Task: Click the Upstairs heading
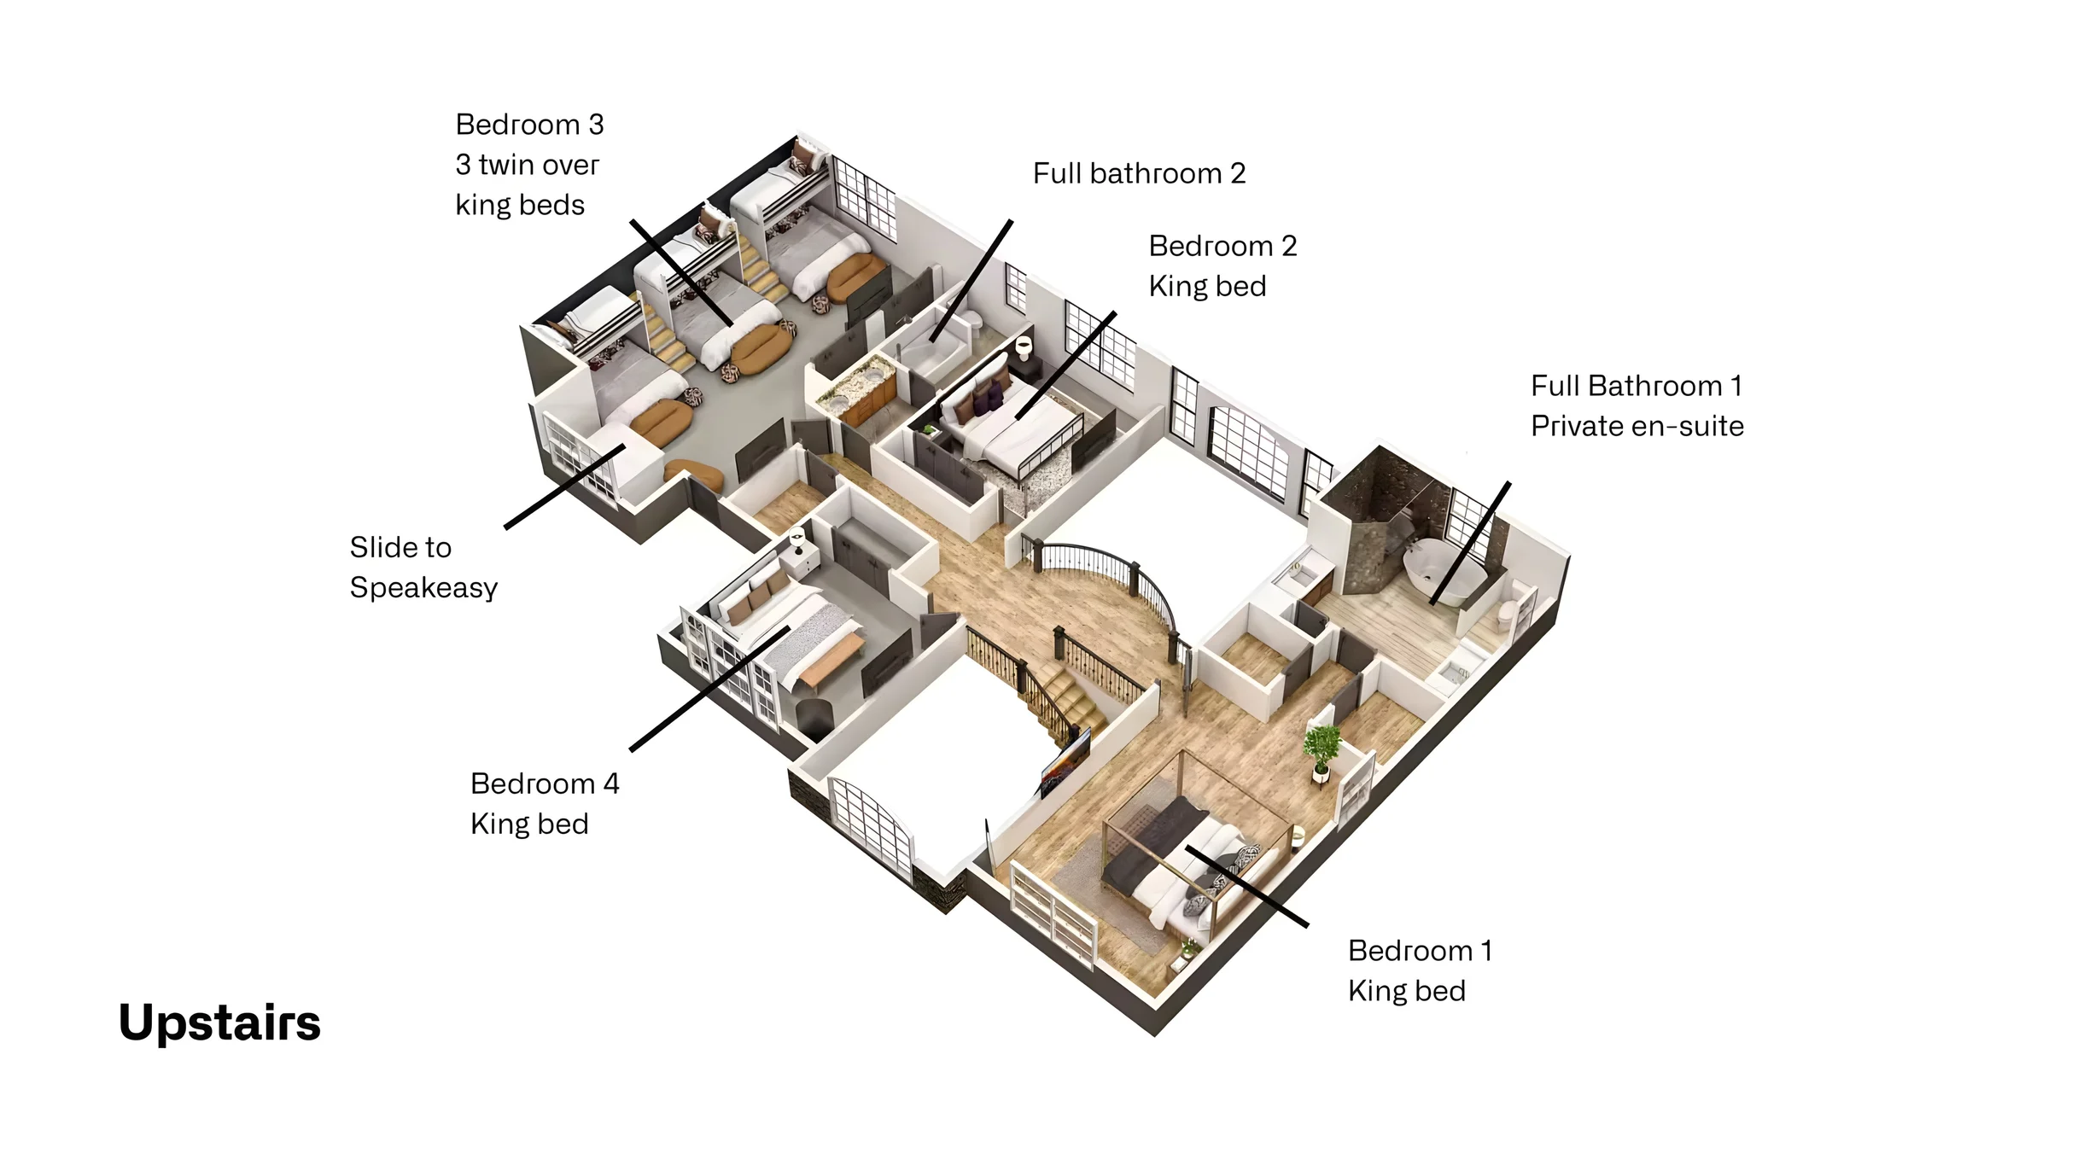pos(219,1023)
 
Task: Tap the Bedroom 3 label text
pos(529,125)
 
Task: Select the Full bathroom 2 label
pos(1139,173)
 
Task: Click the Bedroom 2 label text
pos(1222,246)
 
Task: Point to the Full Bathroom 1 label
pos(1636,386)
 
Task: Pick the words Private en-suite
pos(1637,426)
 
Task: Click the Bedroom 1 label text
pos(1420,951)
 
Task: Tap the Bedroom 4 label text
pos(545,784)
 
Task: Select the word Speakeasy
pos(423,588)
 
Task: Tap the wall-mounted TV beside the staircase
pos(1065,761)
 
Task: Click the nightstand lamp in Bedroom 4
pos(797,541)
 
